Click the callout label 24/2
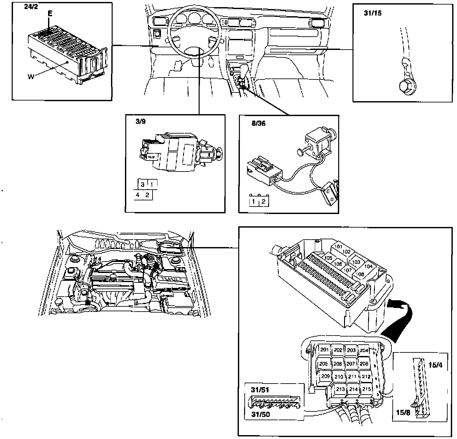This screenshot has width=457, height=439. pos(31,7)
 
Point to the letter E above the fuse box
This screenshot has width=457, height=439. pos(49,14)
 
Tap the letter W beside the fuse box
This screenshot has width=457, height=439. pos(31,77)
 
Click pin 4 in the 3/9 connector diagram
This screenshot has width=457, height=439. pos(138,195)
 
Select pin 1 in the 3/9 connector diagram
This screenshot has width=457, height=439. pos(152,184)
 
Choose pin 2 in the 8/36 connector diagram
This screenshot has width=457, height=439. pos(263,202)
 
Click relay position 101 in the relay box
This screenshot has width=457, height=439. pos(339,247)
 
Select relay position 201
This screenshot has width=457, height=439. pos(325,350)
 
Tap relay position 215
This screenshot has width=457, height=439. pos(366,389)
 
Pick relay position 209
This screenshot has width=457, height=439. pos(325,376)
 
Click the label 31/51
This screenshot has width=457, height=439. pos(260,389)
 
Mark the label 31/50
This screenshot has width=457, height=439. pos(260,414)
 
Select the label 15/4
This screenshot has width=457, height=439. pos(435,365)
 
